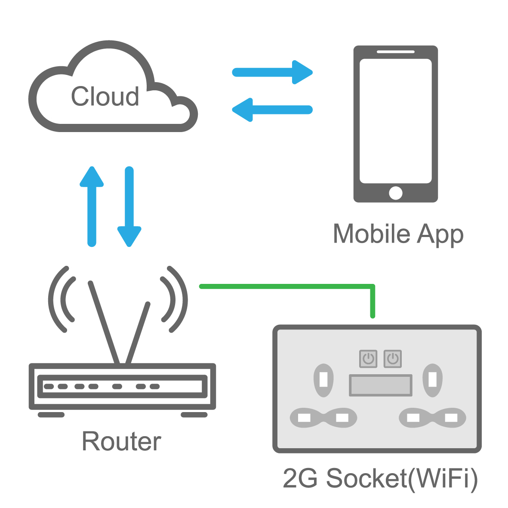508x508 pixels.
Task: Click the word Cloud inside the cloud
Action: (x=105, y=96)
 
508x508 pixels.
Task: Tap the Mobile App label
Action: (x=398, y=234)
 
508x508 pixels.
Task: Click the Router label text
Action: (x=121, y=441)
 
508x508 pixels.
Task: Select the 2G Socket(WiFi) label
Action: (x=380, y=478)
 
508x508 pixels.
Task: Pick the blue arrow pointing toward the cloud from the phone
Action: (x=272, y=110)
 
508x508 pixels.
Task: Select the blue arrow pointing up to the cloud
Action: (x=92, y=206)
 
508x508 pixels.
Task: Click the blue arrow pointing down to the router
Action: (x=129, y=206)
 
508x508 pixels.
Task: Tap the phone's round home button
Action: (x=395, y=193)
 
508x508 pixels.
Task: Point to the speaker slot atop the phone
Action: (x=395, y=52)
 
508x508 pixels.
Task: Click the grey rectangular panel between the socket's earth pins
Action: (x=381, y=385)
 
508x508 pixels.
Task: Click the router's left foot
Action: (x=51, y=415)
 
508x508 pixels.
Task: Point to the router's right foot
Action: (x=194, y=415)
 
